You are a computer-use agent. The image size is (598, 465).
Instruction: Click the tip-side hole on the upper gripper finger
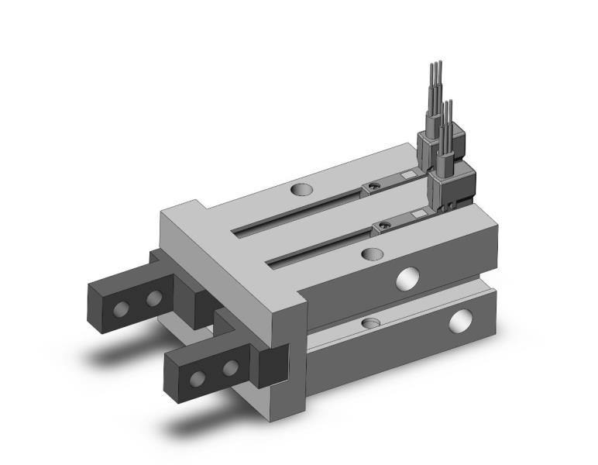(x=120, y=308)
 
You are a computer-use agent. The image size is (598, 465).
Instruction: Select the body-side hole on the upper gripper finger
(x=155, y=298)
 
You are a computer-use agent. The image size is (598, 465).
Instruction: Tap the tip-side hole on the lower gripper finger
(x=198, y=378)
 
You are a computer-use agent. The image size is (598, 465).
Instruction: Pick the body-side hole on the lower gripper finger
(x=230, y=367)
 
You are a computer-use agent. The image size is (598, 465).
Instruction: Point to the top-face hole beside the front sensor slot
(x=373, y=254)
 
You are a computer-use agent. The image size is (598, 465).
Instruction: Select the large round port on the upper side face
(x=406, y=278)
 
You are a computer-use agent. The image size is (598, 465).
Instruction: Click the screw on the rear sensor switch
(x=375, y=186)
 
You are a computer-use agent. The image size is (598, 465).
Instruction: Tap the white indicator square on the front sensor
(x=418, y=215)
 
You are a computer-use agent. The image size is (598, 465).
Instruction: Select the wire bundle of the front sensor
(x=447, y=124)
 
